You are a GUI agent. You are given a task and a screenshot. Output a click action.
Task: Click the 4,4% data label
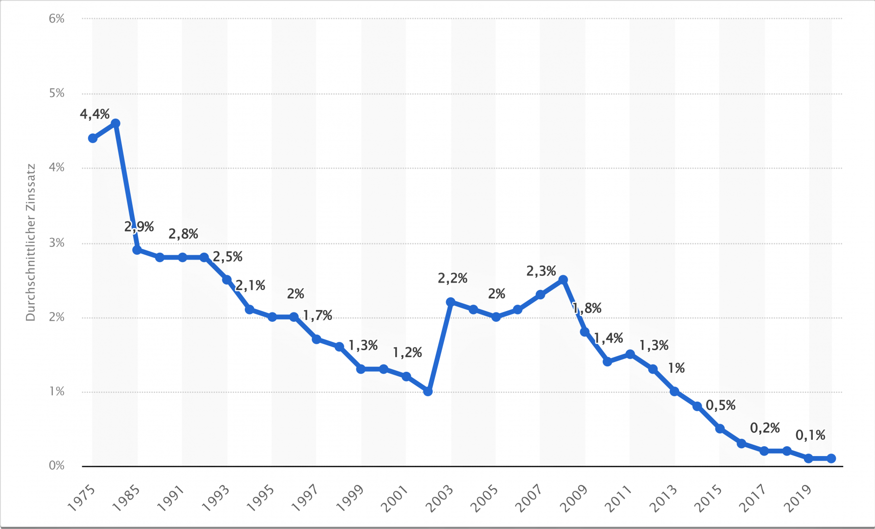pyautogui.click(x=95, y=115)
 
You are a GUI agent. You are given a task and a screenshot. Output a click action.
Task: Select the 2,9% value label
pyautogui.click(x=139, y=227)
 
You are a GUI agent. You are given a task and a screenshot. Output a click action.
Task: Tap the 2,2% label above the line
pyautogui.click(x=452, y=279)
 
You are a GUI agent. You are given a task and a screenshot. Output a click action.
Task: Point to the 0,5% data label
pyautogui.click(x=721, y=406)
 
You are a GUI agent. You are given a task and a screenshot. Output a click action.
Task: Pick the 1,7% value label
pyautogui.click(x=317, y=316)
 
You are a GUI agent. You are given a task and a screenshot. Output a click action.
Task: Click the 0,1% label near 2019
pyautogui.click(x=810, y=435)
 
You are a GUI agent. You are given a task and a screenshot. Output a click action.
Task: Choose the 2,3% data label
pyautogui.click(x=541, y=271)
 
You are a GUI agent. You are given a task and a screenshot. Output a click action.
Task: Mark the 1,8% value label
pyautogui.click(x=587, y=309)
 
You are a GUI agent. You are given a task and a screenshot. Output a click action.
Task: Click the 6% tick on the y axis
pyautogui.click(x=57, y=19)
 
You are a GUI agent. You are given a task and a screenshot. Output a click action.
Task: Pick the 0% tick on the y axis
pyautogui.click(x=57, y=466)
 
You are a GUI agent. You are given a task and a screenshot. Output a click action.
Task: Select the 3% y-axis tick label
pyautogui.click(x=57, y=243)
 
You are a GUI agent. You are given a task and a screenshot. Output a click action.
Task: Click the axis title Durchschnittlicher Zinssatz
pyautogui.click(x=31, y=242)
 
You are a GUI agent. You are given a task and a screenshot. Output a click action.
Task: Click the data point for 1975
pyautogui.click(x=93, y=138)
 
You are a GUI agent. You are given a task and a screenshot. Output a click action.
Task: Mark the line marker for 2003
pyautogui.click(x=450, y=302)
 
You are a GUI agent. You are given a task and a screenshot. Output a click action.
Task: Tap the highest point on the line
pyautogui.click(x=116, y=123)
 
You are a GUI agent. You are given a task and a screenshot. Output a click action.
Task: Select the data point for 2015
pyautogui.click(x=720, y=429)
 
